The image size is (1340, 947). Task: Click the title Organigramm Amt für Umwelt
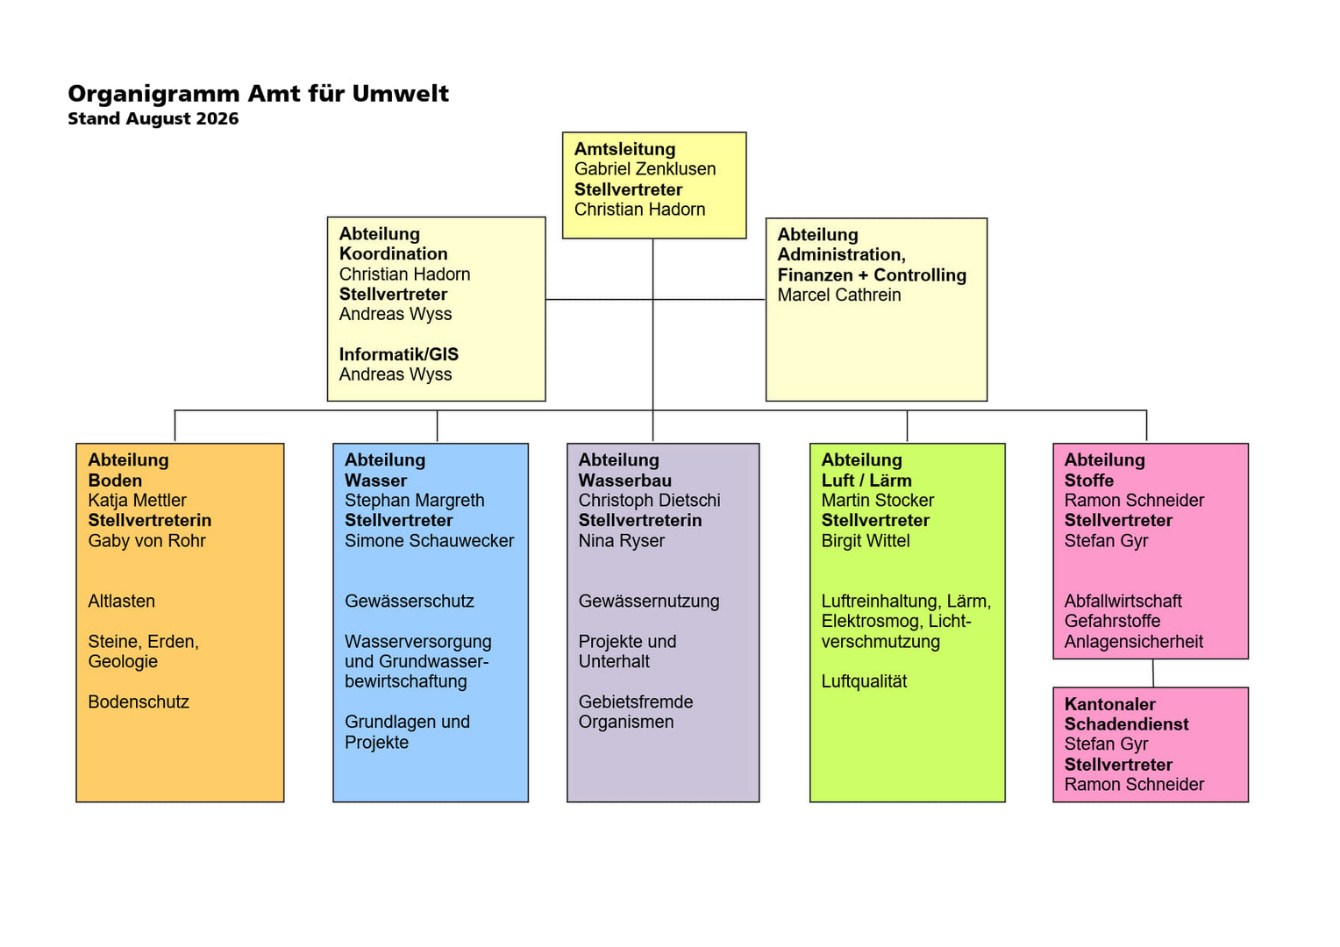coord(258,93)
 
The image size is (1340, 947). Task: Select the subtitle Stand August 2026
coord(153,118)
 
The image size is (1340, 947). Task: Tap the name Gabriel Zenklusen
coord(645,169)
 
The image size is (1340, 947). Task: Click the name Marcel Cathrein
coord(838,295)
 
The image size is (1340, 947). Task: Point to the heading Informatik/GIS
coord(398,354)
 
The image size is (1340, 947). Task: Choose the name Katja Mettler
coord(137,500)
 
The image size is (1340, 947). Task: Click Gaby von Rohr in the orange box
coord(146,541)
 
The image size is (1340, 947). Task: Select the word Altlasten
coord(121,601)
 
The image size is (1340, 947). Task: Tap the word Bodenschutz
coord(139,701)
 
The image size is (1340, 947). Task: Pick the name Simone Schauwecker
coord(429,541)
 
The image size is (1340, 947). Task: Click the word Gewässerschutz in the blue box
coord(410,601)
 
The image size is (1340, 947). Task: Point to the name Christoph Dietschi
coord(649,500)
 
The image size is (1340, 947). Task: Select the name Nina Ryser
coord(621,541)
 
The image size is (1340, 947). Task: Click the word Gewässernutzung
coord(648,602)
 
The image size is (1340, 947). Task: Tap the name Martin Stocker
coord(877,500)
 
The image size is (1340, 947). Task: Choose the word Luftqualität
coord(864,681)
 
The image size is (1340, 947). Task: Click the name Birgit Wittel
coord(865,541)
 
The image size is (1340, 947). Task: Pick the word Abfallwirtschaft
coord(1123,601)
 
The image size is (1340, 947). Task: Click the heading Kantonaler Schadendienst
coord(1126,715)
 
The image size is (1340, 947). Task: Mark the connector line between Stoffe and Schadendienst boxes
coord(1152,673)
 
